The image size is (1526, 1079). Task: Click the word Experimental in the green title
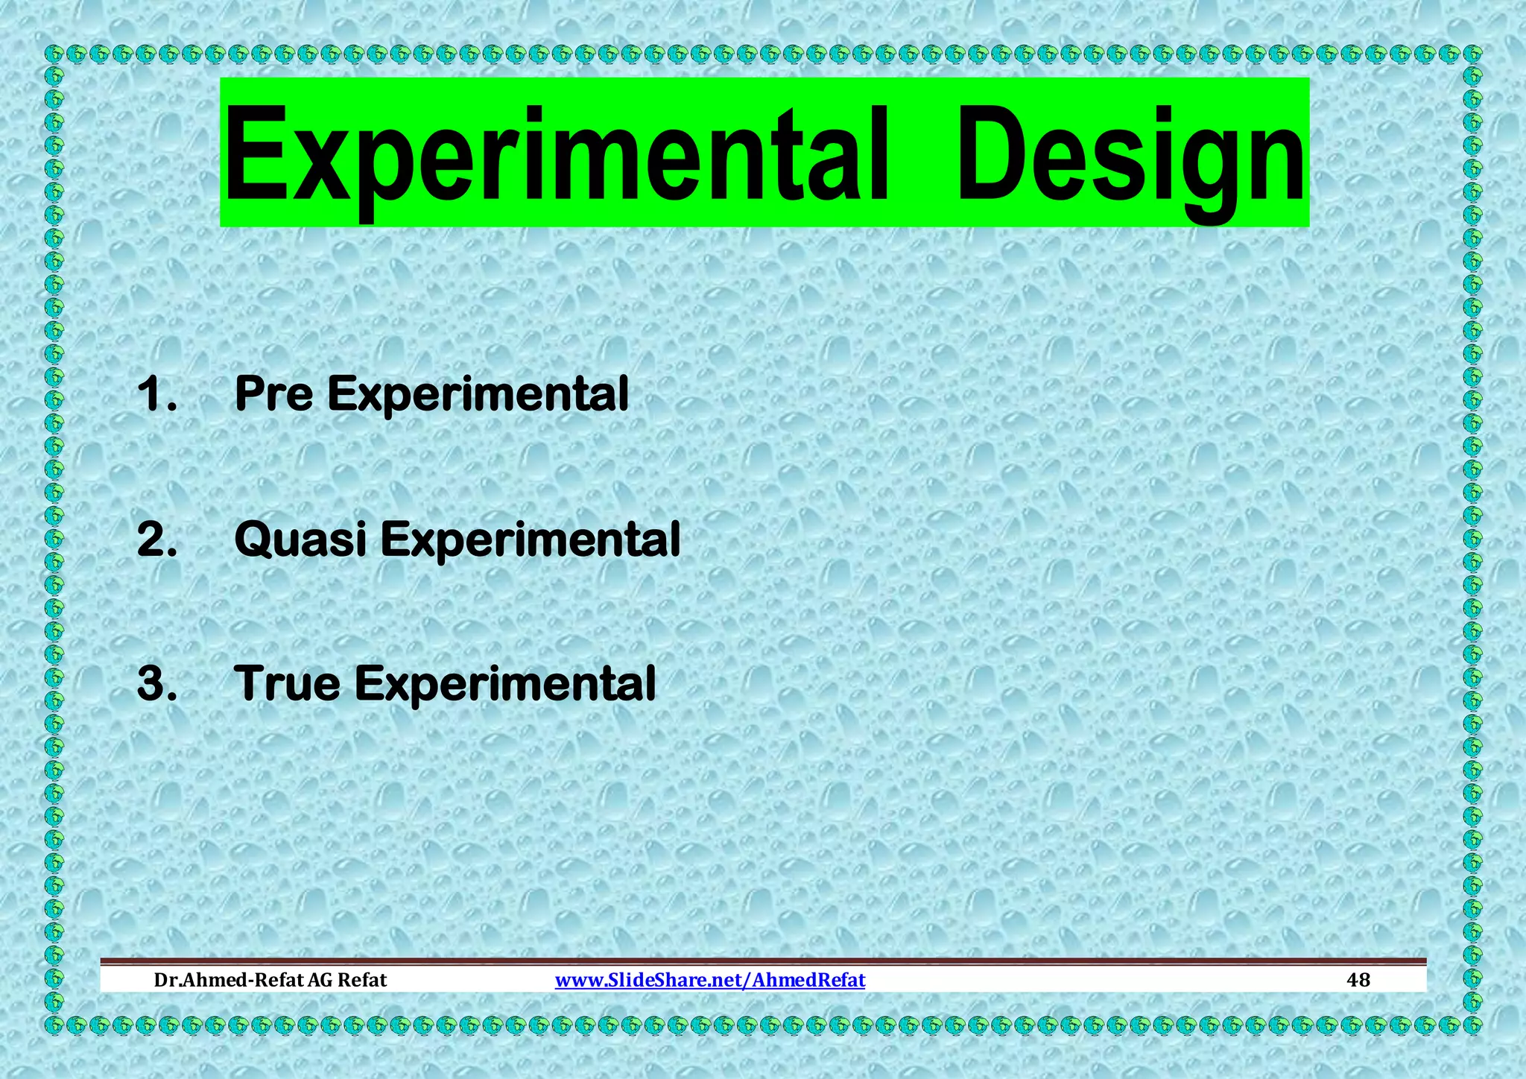click(x=555, y=154)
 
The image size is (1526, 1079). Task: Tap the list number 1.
click(x=156, y=393)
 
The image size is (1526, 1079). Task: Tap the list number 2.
click(x=157, y=539)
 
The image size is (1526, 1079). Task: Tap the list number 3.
click(x=157, y=683)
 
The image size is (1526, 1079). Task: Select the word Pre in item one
click(x=273, y=393)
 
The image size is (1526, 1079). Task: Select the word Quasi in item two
click(x=300, y=539)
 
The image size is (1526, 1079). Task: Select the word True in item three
click(x=287, y=683)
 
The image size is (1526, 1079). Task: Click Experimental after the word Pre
click(x=478, y=395)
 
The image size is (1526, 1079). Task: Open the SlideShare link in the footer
click(x=710, y=980)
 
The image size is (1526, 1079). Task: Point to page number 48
click(x=1358, y=980)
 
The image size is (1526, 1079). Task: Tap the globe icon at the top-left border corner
click(x=54, y=54)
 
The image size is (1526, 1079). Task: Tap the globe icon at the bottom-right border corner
click(x=1472, y=1025)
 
